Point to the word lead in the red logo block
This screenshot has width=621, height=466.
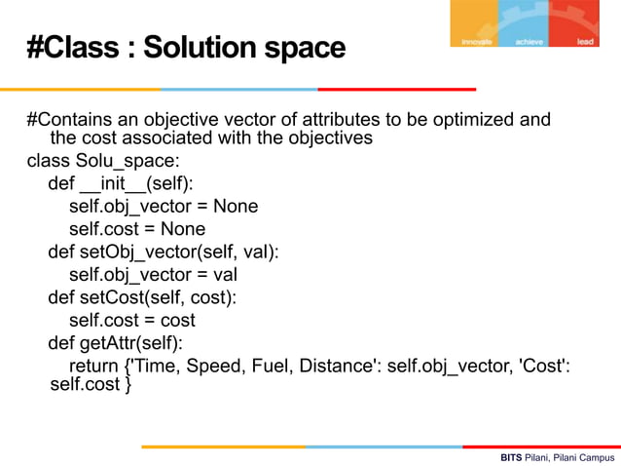point(586,42)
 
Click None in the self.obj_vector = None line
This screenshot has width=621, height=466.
point(235,206)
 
